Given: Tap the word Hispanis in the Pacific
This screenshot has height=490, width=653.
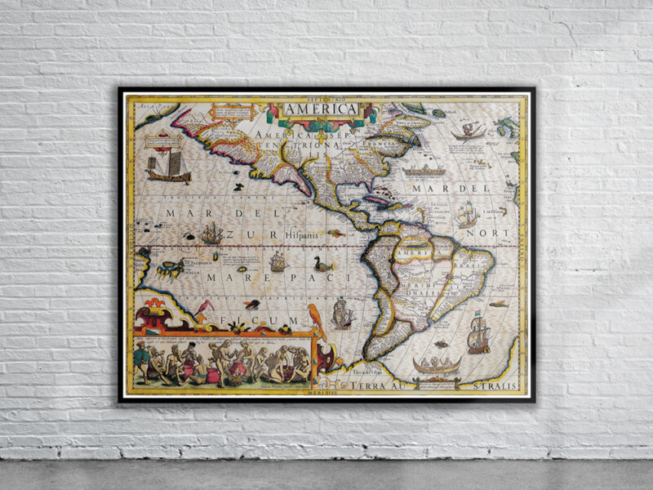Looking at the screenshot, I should point(303,234).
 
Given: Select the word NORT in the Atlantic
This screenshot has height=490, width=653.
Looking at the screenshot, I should point(495,234).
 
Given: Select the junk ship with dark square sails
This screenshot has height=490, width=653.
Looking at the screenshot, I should point(168,166).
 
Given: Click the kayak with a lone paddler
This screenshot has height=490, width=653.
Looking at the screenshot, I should point(469,131).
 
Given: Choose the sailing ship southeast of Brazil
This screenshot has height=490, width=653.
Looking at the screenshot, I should point(479,335).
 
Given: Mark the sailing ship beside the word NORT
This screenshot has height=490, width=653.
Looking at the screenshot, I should point(466,215).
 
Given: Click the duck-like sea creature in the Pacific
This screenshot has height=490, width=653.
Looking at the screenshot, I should point(322,265).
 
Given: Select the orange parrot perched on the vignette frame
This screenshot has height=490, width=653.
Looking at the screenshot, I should point(317,320).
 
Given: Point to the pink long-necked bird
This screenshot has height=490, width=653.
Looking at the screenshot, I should point(204,310).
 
